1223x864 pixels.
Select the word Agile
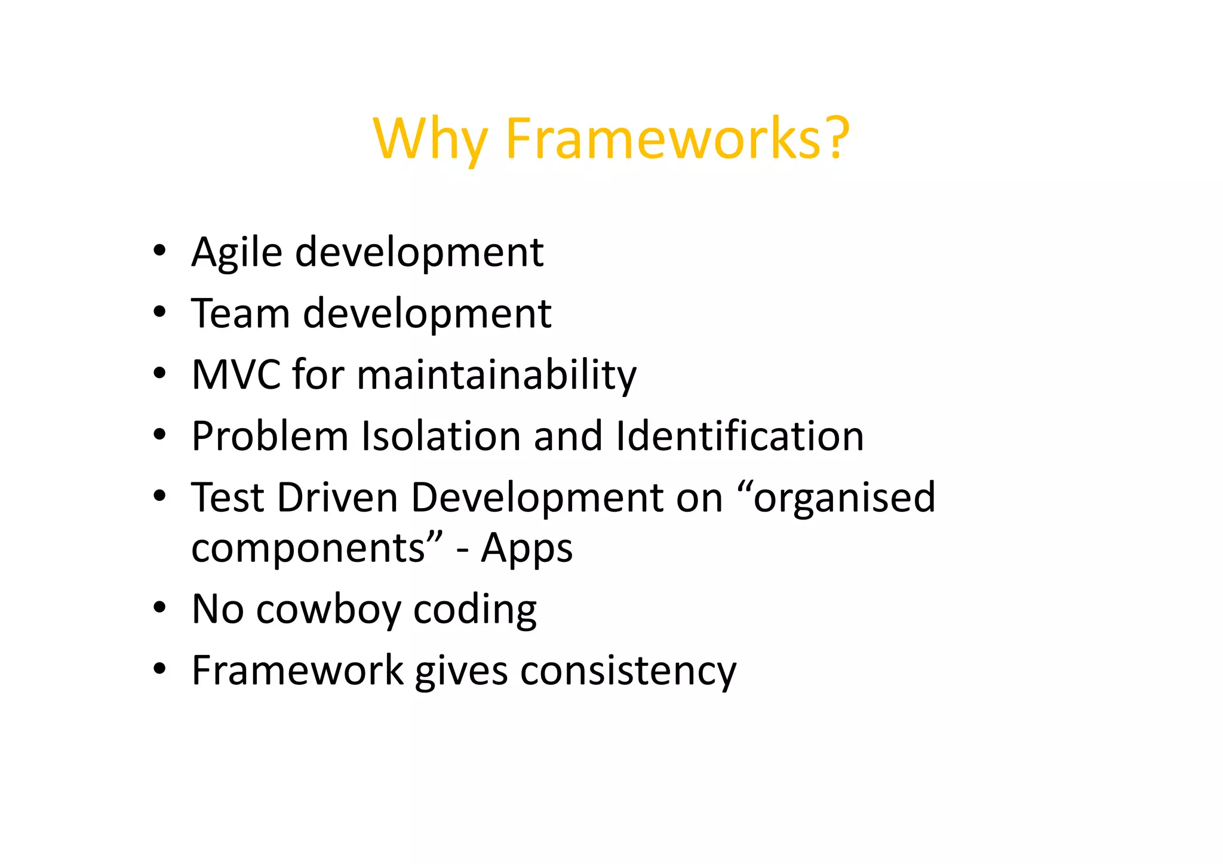[x=236, y=253]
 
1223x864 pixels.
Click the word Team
[x=240, y=313]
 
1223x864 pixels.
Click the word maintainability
[x=497, y=375]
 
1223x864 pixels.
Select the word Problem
[x=269, y=436]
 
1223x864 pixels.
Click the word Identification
[x=739, y=436]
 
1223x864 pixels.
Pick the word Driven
[x=337, y=497]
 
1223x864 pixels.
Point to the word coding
[x=475, y=611]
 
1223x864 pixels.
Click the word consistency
[x=628, y=671]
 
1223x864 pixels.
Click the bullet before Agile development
[x=159, y=251]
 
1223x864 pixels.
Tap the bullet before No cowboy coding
[x=159, y=608]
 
